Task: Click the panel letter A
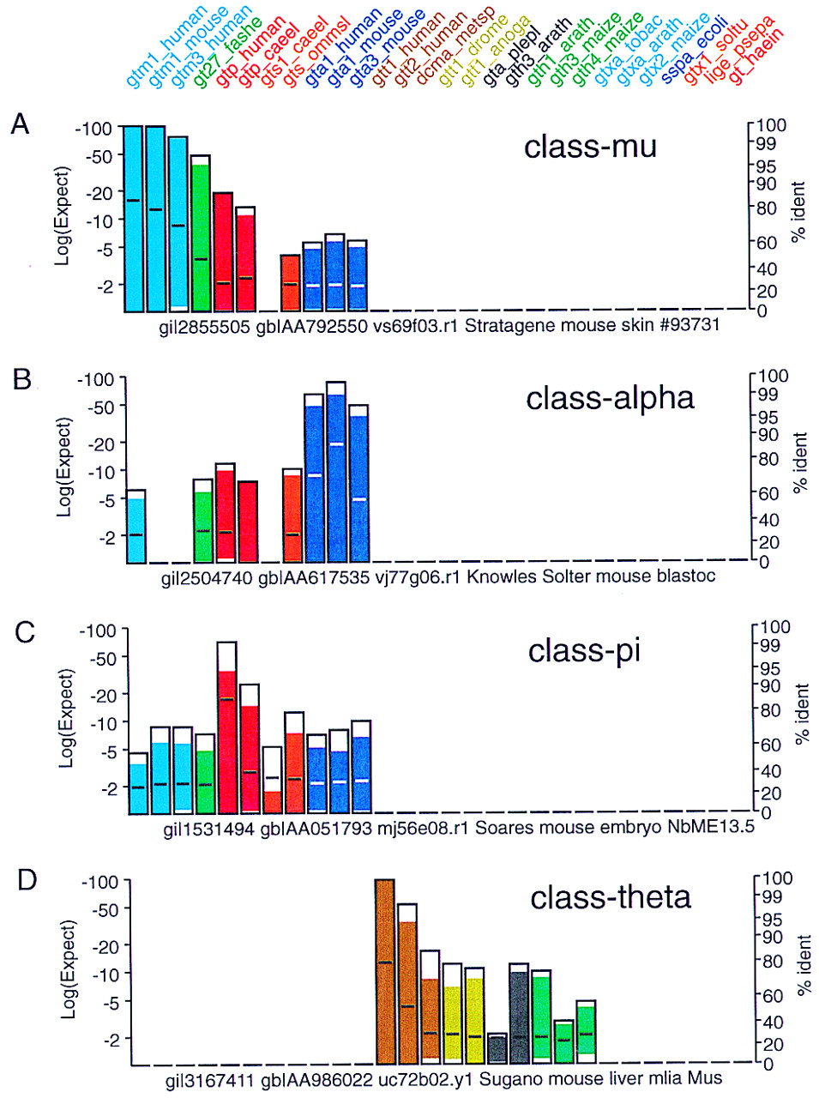coord(20,125)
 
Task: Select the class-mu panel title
coord(590,146)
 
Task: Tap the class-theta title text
coord(610,897)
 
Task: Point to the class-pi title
coord(584,651)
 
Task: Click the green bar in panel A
coord(201,236)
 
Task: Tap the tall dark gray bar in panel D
coord(519,1017)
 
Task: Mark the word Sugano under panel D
coord(511,1078)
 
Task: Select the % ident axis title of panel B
coord(800,468)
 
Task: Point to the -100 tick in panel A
coord(93,129)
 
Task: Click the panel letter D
coord(27,879)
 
